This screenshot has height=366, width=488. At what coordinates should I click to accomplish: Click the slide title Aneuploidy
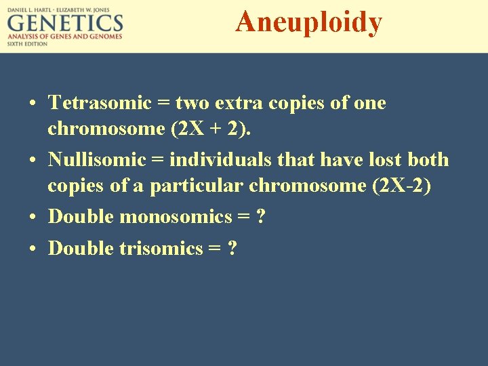coord(308,22)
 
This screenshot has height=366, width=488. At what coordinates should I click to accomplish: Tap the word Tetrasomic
coord(100,103)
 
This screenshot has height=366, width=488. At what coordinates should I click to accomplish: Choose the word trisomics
coord(161,248)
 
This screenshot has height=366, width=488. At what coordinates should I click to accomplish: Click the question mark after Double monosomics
coord(261,217)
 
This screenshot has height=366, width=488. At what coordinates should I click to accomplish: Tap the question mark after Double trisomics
coord(232,248)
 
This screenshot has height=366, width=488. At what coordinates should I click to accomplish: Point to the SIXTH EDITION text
coord(27,43)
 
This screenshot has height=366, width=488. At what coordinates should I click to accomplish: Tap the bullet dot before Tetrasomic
coord(33,104)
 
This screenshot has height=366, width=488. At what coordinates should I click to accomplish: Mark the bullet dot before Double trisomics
coord(33,249)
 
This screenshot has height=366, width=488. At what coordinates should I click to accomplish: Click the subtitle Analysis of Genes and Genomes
coord(65,37)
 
